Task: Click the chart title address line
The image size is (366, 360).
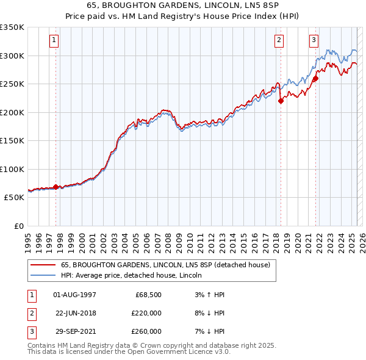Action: point(182,5)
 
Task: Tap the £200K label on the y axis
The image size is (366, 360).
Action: point(12,112)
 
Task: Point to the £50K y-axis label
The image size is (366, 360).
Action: point(15,198)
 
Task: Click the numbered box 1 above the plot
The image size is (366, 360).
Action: point(54,41)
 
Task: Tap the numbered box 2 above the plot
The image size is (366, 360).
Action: point(279,41)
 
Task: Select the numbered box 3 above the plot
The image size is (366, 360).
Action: point(314,41)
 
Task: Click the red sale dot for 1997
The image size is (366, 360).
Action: point(56,187)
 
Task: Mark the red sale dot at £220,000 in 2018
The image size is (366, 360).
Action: point(281,101)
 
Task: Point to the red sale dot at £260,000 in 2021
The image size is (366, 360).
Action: point(316,79)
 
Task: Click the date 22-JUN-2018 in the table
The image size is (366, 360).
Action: point(75,313)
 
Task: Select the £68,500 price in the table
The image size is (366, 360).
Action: point(148,295)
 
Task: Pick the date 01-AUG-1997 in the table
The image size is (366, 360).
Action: point(75,295)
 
